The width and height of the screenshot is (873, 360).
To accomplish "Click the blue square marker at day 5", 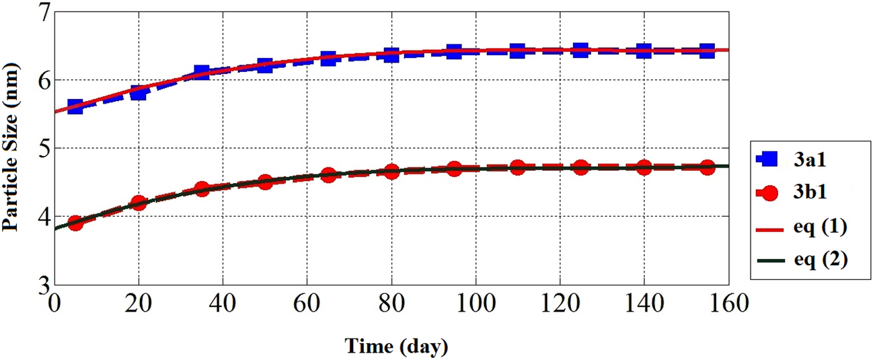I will coord(75,106).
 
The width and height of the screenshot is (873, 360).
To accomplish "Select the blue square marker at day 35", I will coord(202,73).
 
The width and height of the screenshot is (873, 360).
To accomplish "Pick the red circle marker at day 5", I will coord(75,223).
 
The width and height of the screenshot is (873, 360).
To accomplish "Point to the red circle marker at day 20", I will coord(139,203).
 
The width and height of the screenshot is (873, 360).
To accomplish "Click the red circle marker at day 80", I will coord(391,171).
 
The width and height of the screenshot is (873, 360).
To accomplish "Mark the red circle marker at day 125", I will coord(580,167).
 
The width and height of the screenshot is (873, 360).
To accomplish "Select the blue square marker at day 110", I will coord(517,50).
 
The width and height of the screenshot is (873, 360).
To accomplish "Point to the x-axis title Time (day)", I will coord(396,347).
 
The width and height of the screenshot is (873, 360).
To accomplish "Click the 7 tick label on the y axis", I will coord(42,13).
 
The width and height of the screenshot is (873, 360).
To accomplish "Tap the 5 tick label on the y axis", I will coord(42,149).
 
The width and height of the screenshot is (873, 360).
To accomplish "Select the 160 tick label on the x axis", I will coord(728,304).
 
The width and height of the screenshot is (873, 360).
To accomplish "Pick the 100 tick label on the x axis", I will coord(476,304).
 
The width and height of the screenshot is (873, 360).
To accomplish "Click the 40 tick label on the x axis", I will coord(223,304).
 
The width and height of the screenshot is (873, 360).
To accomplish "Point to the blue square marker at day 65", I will coord(328,58).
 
